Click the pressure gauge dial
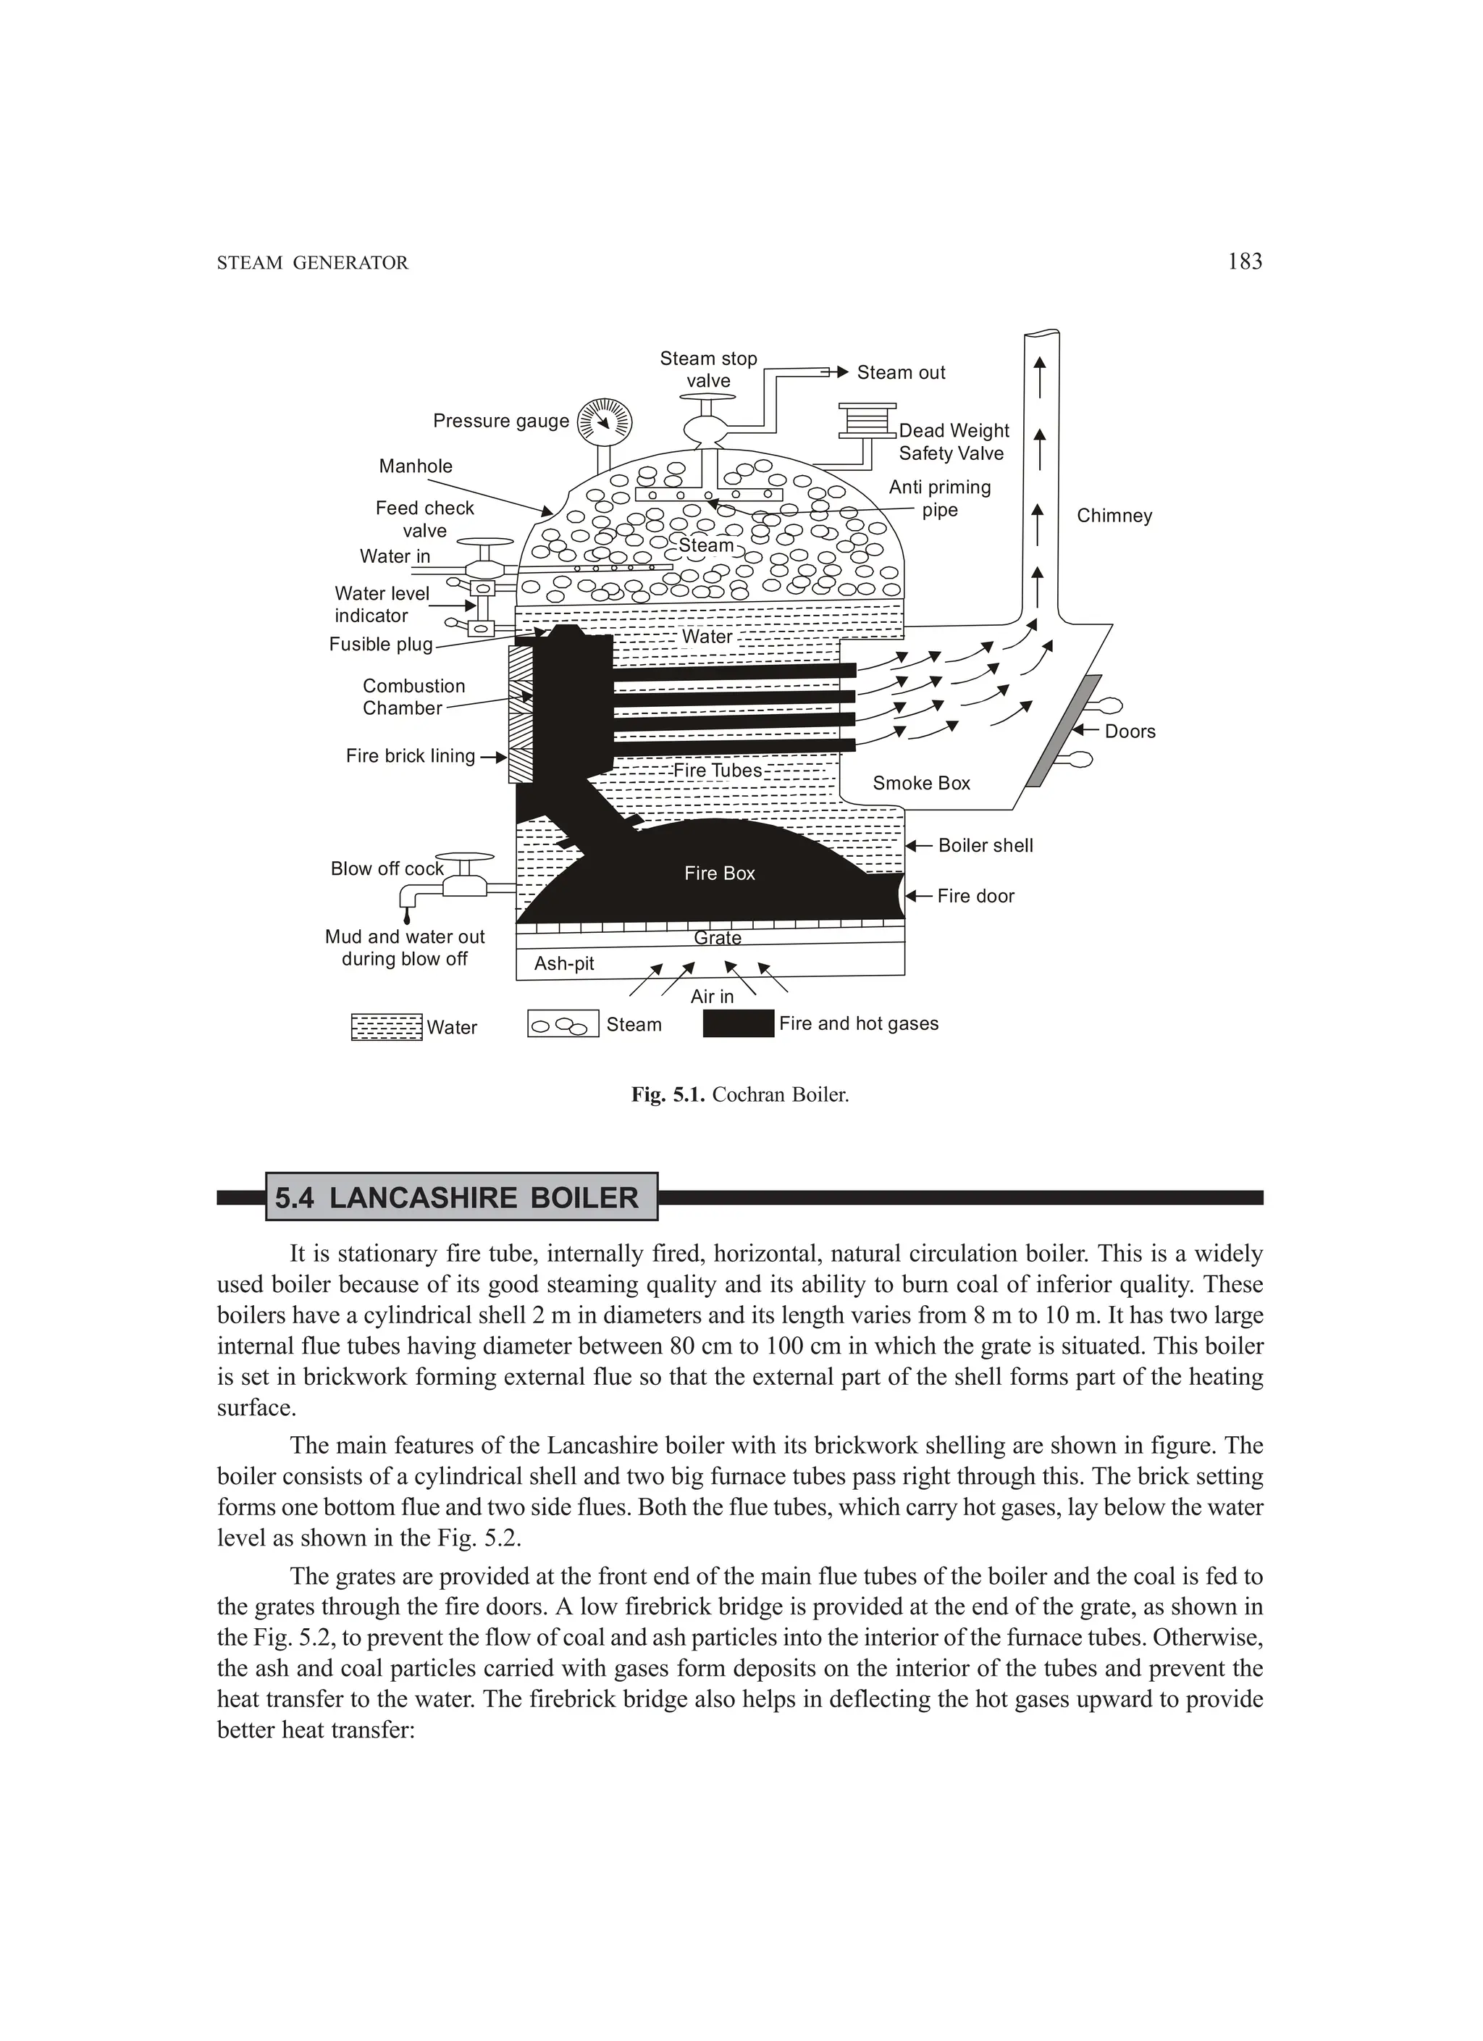605,420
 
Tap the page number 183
1245,262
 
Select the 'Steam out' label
901,372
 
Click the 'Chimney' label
1114,516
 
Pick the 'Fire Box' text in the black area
719,873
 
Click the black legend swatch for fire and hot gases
738,1023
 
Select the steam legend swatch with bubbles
563,1024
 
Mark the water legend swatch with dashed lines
386,1027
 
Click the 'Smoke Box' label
922,783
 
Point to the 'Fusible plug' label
381,645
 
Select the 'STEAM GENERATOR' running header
312,263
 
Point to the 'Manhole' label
416,466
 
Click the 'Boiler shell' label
986,846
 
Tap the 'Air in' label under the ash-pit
712,996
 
